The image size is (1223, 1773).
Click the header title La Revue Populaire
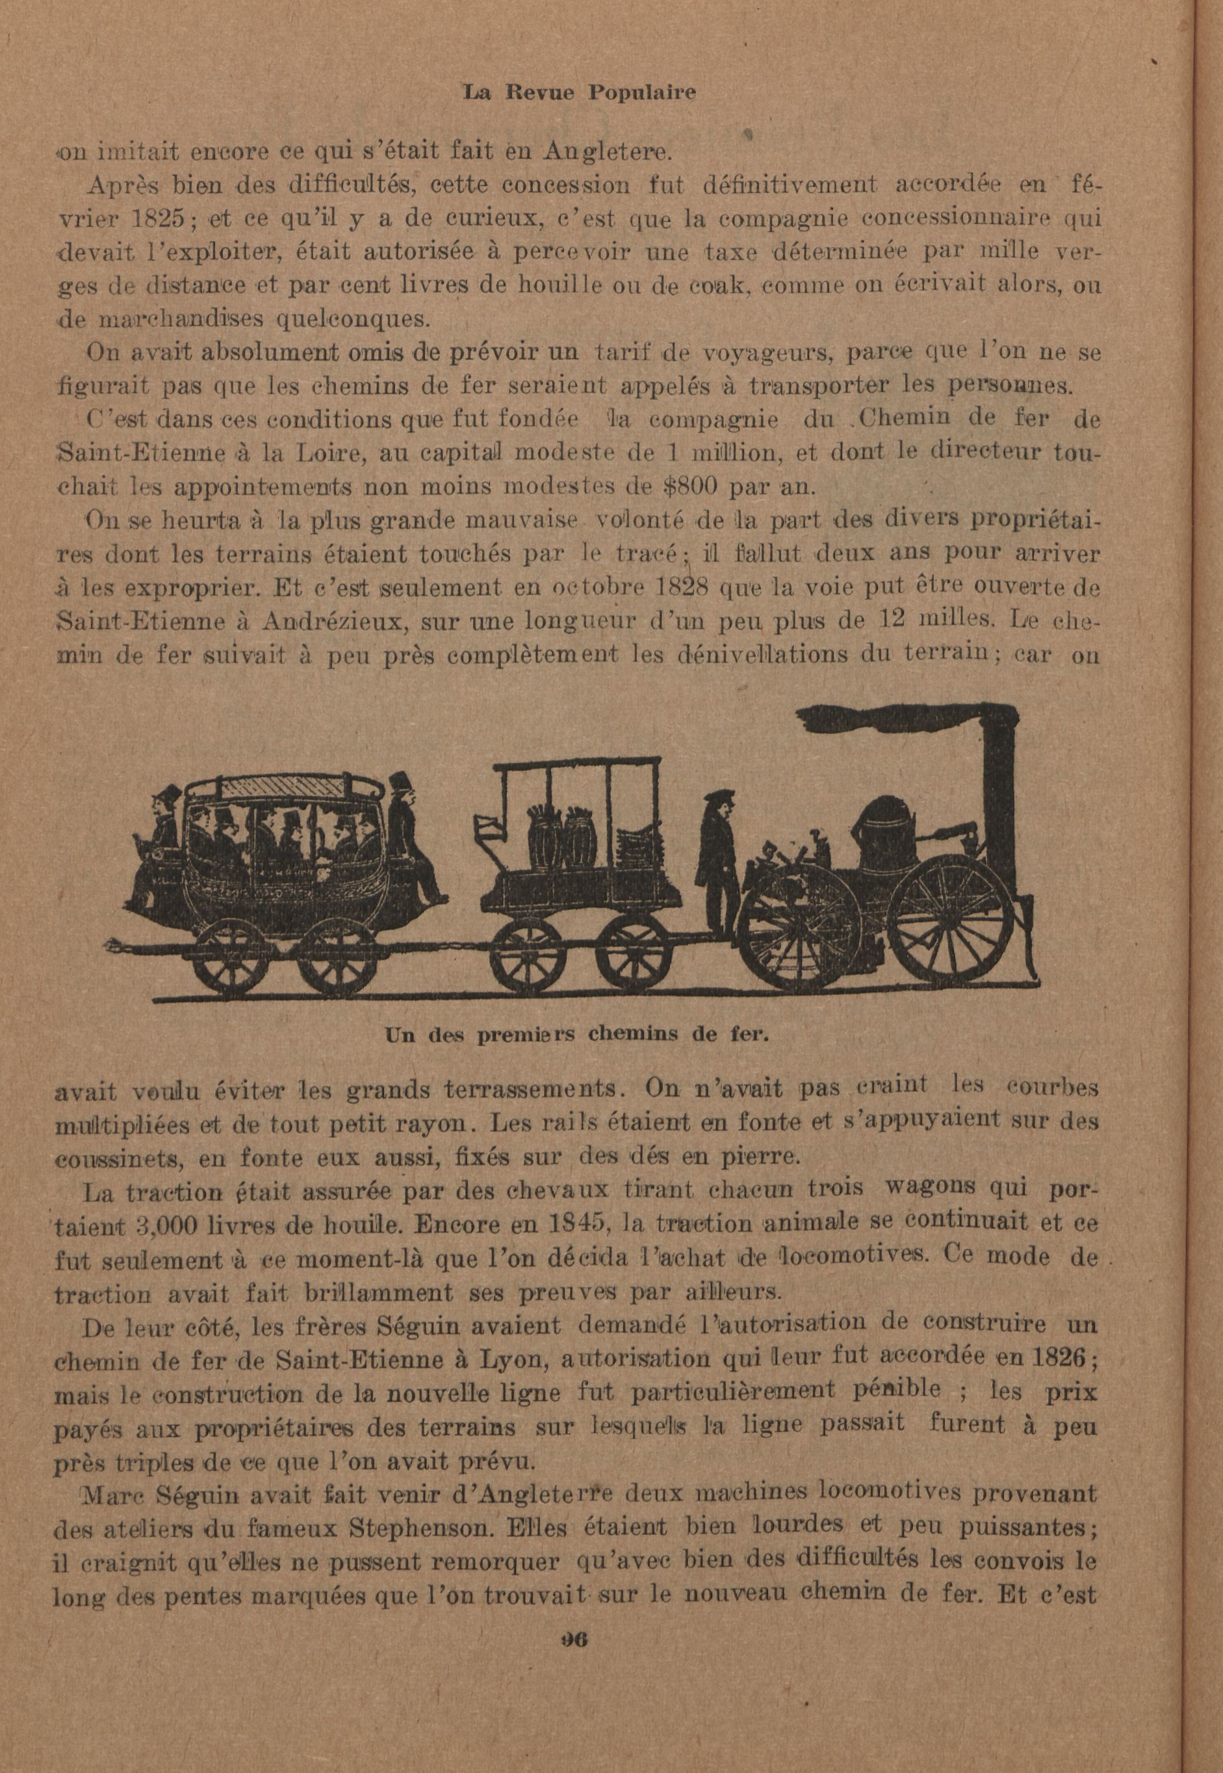point(579,93)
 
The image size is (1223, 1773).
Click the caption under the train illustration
point(576,1035)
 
